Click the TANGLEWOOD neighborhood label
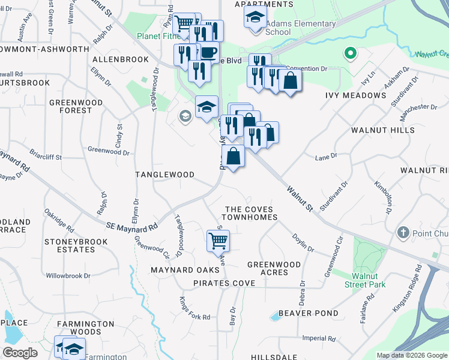coord(164,175)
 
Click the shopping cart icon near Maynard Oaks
coord(218,240)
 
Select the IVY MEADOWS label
coord(355,95)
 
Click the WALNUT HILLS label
coord(382,130)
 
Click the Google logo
coord(20,353)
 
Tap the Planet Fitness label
coord(156,36)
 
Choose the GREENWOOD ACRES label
coord(274,268)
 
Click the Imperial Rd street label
coord(318,338)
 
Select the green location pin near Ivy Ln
coord(349,55)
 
